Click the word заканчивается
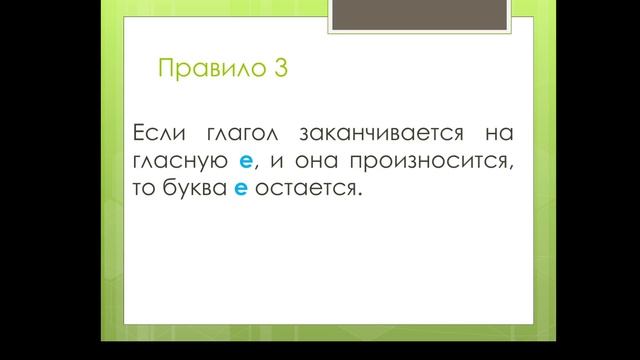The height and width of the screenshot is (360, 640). coord(378,133)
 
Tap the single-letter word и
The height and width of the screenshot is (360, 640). coord(275,161)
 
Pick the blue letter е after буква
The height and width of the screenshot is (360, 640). coord(241,189)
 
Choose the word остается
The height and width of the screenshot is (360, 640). coord(304,188)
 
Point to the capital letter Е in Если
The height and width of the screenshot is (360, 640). coord(137,132)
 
